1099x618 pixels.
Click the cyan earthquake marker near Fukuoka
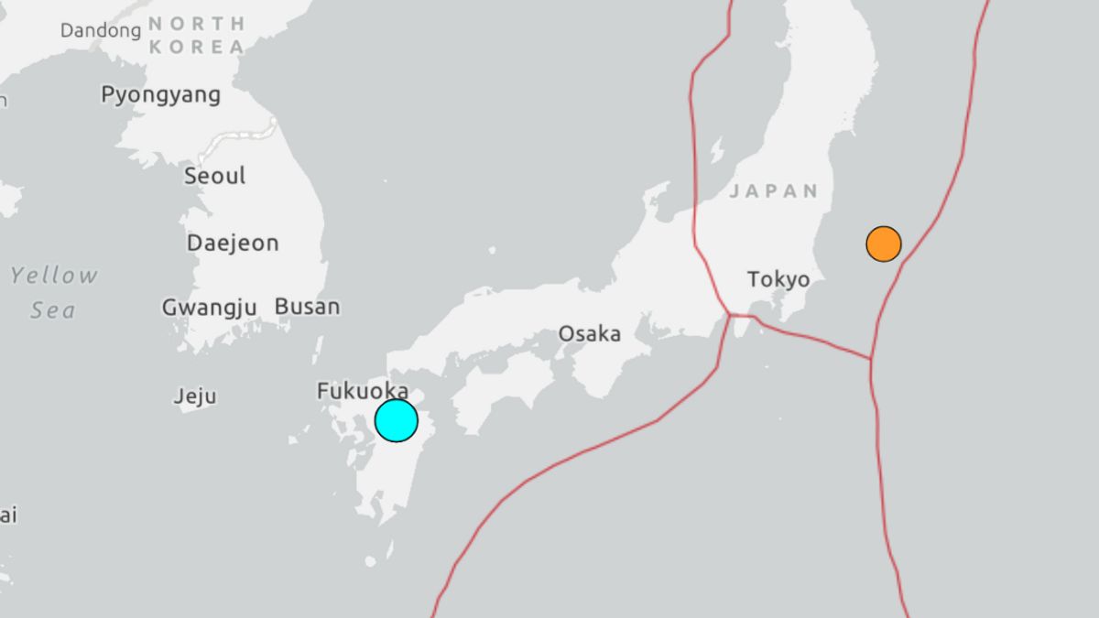pyautogui.click(x=397, y=421)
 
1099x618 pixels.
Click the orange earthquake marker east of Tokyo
pyautogui.click(x=884, y=244)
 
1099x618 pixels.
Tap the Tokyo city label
pyautogui.click(x=778, y=279)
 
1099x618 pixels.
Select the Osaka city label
pyautogui.click(x=590, y=334)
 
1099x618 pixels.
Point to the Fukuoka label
pyautogui.click(x=363, y=392)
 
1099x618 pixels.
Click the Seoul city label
pyautogui.click(x=215, y=176)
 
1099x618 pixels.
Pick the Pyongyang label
pyautogui.click(x=161, y=95)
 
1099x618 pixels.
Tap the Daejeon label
pyautogui.click(x=233, y=244)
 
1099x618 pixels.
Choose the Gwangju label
pyautogui.click(x=209, y=308)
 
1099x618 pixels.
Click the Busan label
pyautogui.click(x=307, y=307)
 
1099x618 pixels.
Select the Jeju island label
pyautogui.click(x=195, y=396)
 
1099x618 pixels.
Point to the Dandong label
pyautogui.click(x=101, y=31)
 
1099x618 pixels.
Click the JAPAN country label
pyautogui.click(x=774, y=191)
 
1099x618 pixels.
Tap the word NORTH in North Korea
pyautogui.click(x=196, y=24)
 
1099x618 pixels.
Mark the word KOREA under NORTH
pyautogui.click(x=196, y=48)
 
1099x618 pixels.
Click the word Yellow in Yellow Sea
pyautogui.click(x=54, y=276)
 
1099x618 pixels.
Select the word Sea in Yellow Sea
pyautogui.click(x=53, y=310)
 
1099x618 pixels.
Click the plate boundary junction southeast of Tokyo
pyautogui.click(x=870, y=358)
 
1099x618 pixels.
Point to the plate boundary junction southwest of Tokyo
pyautogui.click(x=730, y=316)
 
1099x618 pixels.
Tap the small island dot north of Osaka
pyautogui.click(x=492, y=249)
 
